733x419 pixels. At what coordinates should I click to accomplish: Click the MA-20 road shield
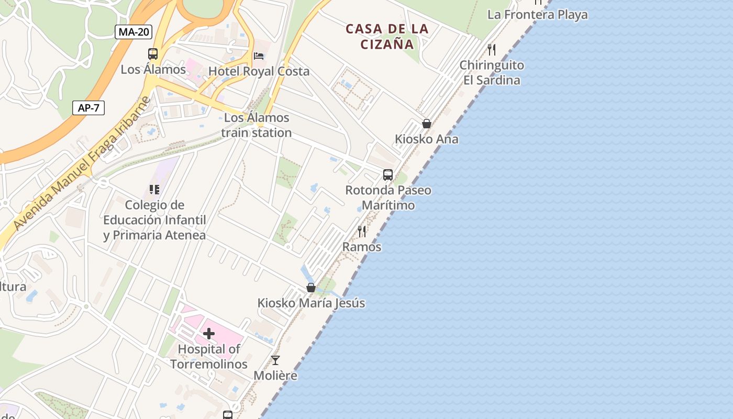pyautogui.click(x=134, y=32)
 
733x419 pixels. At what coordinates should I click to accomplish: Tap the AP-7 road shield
pyautogui.click(x=88, y=108)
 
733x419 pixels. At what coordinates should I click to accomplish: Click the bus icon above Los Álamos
pyautogui.click(x=153, y=54)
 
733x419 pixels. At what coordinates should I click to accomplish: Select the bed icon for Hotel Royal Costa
pyautogui.click(x=259, y=56)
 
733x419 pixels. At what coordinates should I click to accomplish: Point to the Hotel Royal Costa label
pyautogui.click(x=259, y=71)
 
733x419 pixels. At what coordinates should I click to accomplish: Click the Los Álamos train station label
pyautogui.click(x=256, y=125)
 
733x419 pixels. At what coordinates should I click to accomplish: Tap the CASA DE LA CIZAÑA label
pyautogui.click(x=387, y=37)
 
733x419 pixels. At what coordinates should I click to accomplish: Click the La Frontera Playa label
pyautogui.click(x=537, y=15)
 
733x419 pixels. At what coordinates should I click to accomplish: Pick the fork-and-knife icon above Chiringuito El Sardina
pyautogui.click(x=491, y=50)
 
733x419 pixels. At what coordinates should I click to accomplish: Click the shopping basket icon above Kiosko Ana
pyautogui.click(x=427, y=124)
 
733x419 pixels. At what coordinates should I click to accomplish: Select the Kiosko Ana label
pyautogui.click(x=426, y=139)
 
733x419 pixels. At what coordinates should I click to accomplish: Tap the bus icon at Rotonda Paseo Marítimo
pyautogui.click(x=388, y=175)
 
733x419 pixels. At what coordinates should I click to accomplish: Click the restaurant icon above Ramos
pyautogui.click(x=362, y=231)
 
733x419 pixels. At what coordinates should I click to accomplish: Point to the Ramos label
pyautogui.click(x=362, y=247)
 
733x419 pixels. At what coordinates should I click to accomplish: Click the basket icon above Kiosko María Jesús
pyautogui.click(x=311, y=288)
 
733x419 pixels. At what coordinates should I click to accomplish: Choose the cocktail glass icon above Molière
pyautogui.click(x=275, y=360)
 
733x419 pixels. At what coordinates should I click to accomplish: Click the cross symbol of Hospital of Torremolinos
pyautogui.click(x=209, y=334)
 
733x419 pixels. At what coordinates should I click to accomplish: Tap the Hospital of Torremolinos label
pyautogui.click(x=209, y=357)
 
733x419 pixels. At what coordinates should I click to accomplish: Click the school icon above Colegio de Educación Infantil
pyautogui.click(x=154, y=189)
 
